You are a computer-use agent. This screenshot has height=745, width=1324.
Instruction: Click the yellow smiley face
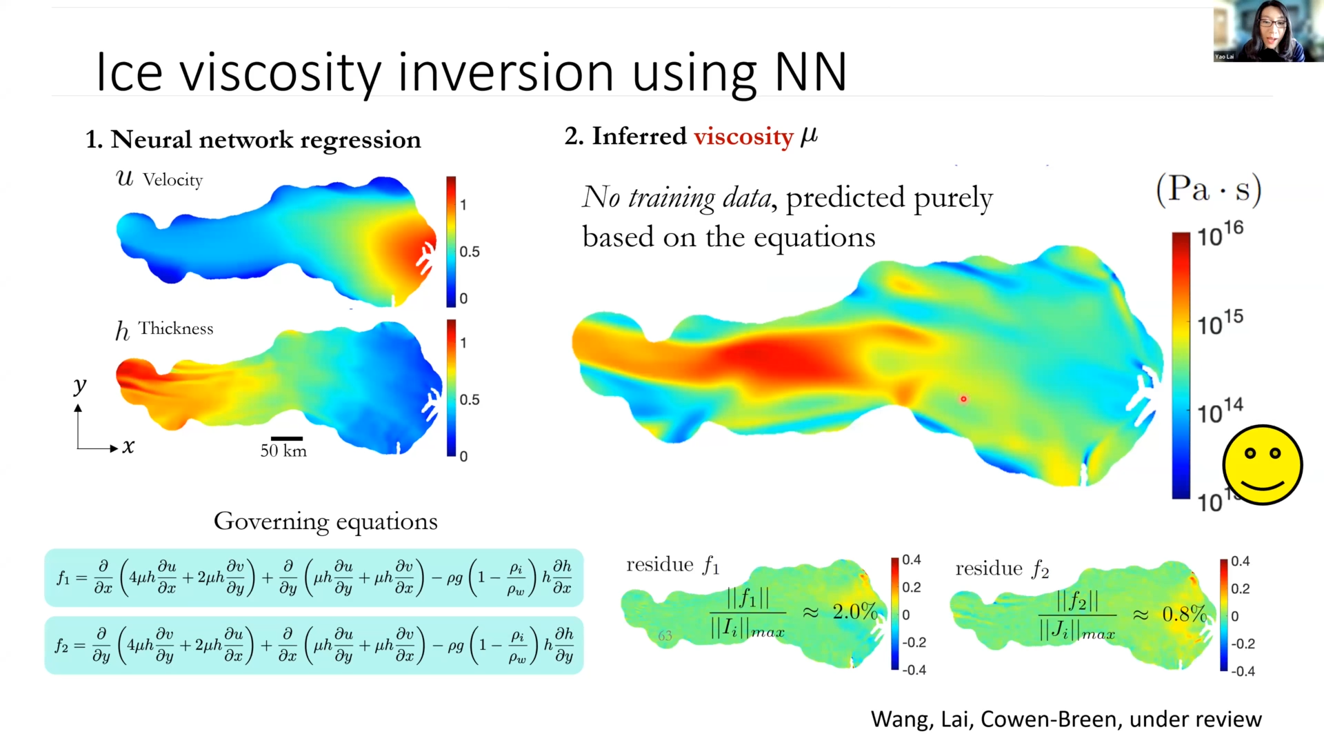coord(1262,464)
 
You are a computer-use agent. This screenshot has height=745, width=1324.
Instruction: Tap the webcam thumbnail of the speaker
coord(1267,31)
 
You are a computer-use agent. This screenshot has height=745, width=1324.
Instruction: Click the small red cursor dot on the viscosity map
coord(963,399)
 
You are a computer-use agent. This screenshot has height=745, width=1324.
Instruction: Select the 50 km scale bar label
coord(283,451)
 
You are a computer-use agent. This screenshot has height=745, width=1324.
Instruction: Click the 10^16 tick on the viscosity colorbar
coord(1219,234)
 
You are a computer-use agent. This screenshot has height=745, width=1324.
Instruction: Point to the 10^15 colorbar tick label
coord(1219,322)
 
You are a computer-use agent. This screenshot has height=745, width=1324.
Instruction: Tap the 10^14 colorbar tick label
coord(1219,411)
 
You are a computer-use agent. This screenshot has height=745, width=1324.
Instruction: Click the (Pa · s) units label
coord(1208,189)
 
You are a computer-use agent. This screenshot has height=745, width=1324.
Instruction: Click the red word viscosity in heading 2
coord(743,137)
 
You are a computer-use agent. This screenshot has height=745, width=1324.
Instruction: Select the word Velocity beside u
coord(172,180)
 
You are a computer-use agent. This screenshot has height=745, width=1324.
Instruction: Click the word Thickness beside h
coord(176,328)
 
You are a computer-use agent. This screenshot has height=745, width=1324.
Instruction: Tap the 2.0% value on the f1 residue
coord(854,611)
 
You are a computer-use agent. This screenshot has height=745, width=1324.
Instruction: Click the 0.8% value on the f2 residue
coord(1183,613)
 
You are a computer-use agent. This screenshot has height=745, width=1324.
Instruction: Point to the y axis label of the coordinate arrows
coord(80,385)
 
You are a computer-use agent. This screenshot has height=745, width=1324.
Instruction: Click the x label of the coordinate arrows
coord(128,447)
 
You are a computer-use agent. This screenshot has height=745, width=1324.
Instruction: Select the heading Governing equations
coord(325,521)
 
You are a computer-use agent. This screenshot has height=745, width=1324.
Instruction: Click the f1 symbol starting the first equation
coord(63,577)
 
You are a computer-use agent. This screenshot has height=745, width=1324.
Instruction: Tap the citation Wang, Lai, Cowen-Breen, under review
coord(1065,719)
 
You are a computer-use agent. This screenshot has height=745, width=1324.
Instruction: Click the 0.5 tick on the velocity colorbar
coord(470,252)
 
